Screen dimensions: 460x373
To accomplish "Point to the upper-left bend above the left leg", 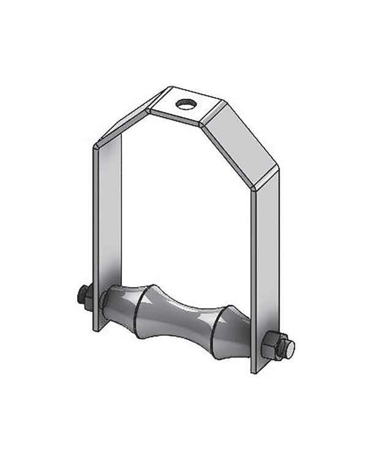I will pyautogui.click(x=98, y=146).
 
